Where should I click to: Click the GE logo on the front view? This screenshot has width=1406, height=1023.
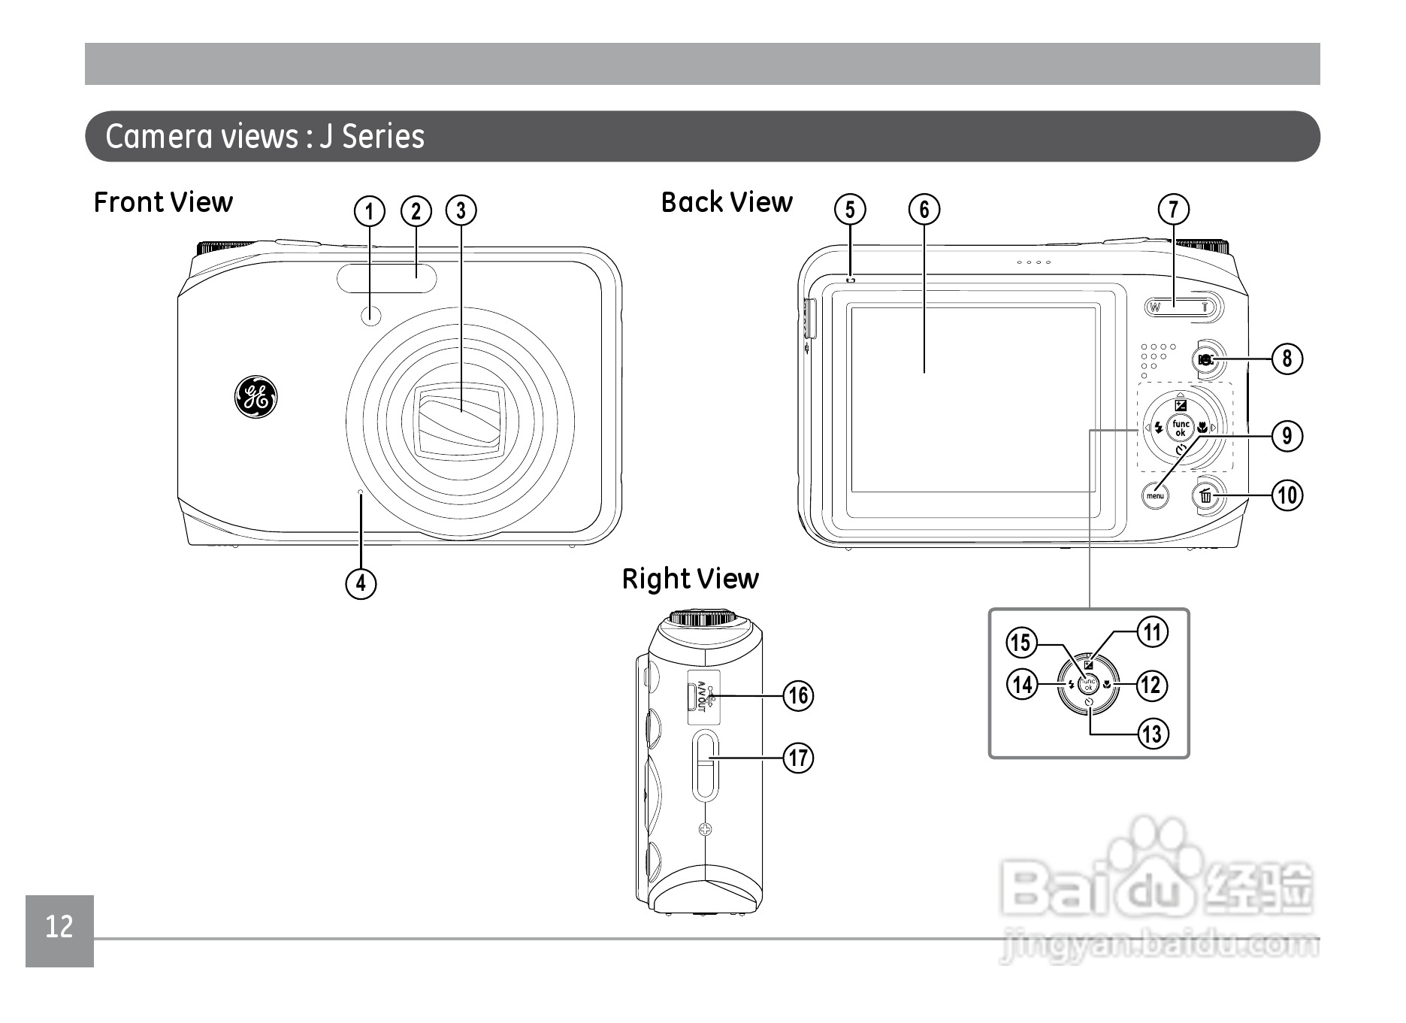[255, 396]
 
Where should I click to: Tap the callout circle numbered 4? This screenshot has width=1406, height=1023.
[361, 583]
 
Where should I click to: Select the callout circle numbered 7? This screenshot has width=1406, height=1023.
[1174, 210]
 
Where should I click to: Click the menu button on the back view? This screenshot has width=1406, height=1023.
[1155, 495]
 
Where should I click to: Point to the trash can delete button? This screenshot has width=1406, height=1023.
[1205, 496]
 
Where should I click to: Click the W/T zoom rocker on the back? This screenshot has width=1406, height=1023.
[1184, 307]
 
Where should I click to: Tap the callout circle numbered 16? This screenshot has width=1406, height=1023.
[798, 695]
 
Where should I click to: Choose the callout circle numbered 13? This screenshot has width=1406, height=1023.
[1151, 733]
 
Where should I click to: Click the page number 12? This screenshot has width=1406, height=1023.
[59, 928]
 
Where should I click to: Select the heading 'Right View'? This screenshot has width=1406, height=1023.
[690, 579]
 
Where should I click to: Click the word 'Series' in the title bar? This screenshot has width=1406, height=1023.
[383, 137]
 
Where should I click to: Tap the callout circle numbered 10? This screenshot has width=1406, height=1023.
[1287, 495]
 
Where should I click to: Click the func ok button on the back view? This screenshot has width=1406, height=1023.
[1181, 428]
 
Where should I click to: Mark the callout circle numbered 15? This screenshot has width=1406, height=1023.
[1021, 643]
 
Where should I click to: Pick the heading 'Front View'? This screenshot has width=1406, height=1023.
[163, 202]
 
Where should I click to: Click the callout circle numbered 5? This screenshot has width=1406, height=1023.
[850, 210]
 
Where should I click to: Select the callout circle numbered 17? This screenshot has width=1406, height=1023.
[798, 758]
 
